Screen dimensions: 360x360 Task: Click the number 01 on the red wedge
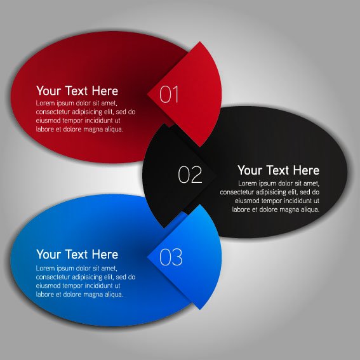click(169, 94)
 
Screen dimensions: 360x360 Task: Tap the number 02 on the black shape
click(190, 175)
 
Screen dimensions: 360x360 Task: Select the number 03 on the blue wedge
click(171, 257)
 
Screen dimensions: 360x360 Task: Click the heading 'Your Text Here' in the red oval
click(77, 91)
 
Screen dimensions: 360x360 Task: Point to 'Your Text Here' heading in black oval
click(278, 170)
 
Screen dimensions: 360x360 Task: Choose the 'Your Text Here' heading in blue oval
click(77, 255)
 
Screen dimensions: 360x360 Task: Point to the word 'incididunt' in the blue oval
click(100, 286)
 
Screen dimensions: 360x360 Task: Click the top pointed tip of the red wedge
click(200, 42)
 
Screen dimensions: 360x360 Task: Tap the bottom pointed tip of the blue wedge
click(200, 310)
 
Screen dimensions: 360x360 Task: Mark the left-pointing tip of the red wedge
click(147, 94)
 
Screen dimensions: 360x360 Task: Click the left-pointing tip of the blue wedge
click(147, 257)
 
